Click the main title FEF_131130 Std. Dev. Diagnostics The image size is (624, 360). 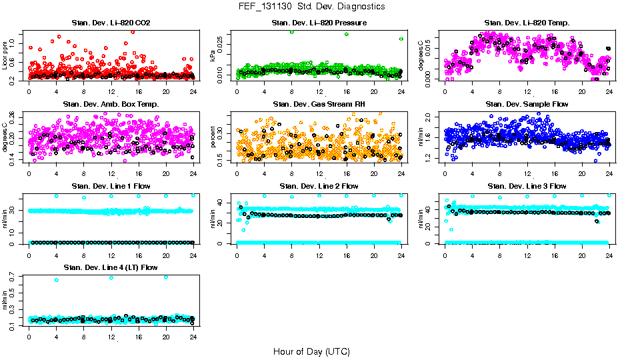(x=312, y=7)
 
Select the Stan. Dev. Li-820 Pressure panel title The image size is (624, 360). (x=319, y=23)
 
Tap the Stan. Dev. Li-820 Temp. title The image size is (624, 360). (x=527, y=23)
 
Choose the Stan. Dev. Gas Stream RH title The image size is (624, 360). (x=319, y=105)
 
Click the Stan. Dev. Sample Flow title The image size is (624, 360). (x=527, y=105)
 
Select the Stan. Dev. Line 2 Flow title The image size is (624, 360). (x=319, y=186)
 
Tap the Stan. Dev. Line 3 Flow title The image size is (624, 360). (x=527, y=186)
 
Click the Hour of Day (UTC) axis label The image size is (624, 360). (x=311, y=351)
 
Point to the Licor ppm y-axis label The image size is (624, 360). (x=5, y=55)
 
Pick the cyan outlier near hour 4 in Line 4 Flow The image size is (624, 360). (x=57, y=280)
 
